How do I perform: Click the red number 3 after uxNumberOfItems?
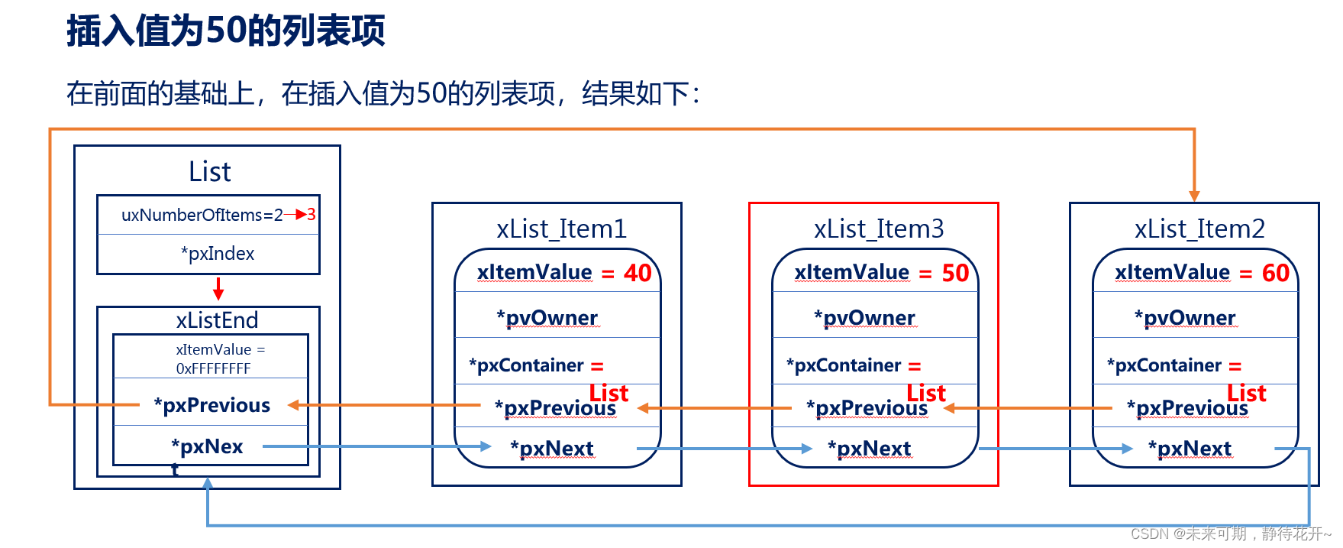click(312, 215)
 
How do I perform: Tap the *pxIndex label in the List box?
click(218, 254)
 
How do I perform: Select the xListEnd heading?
click(217, 320)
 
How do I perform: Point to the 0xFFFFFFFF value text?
click(213, 368)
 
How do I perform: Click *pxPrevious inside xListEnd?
click(211, 405)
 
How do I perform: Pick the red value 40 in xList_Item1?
click(638, 273)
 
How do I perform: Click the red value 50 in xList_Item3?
click(955, 273)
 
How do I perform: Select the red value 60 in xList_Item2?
click(1275, 273)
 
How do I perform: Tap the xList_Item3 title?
click(879, 229)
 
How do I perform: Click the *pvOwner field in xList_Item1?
click(547, 318)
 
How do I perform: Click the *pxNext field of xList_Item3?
click(870, 449)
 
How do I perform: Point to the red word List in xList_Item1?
click(609, 393)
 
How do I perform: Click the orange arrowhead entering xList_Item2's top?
click(1194, 196)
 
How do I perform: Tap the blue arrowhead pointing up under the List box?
click(208, 483)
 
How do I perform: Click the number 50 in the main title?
click(227, 31)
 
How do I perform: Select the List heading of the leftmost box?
click(209, 172)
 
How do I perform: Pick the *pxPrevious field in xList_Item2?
click(1187, 408)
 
